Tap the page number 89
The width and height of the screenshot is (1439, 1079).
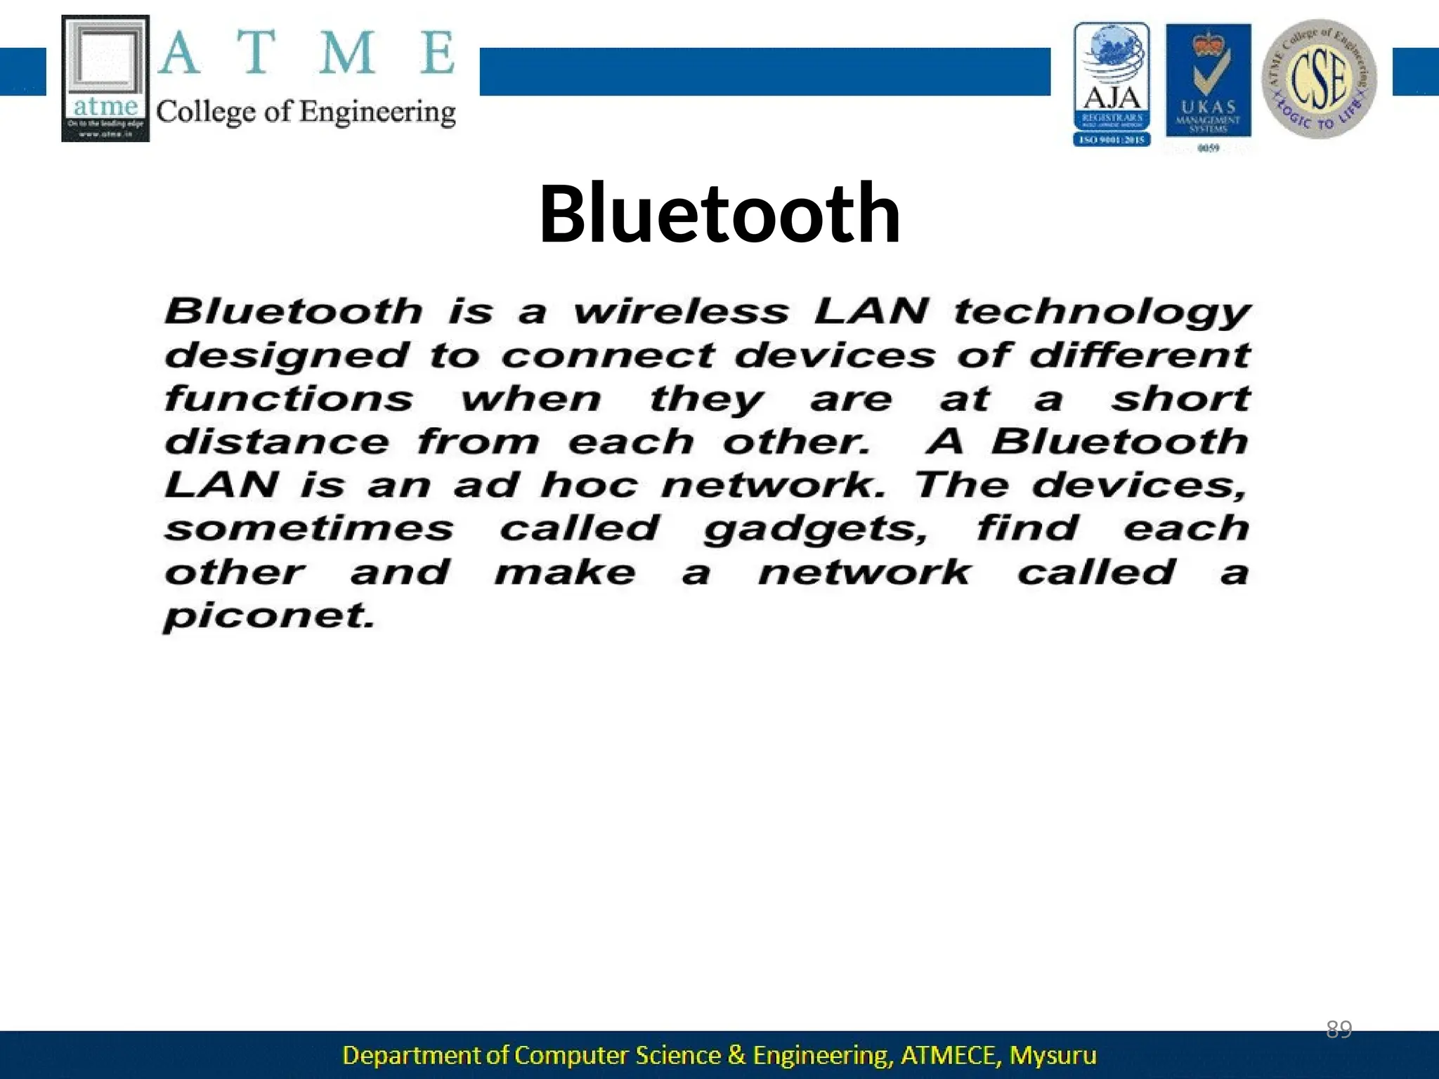tap(1339, 1029)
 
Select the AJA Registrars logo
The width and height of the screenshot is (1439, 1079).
tap(1112, 84)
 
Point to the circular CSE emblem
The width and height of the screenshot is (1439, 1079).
tap(1319, 79)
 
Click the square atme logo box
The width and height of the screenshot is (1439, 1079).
tap(105, 78)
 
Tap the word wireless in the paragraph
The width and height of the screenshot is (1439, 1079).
tap(681, 311)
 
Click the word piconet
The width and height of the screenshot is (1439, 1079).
tap(268, 617)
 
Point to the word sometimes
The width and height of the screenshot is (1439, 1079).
tap(309, 528)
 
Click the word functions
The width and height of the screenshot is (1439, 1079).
tap(289, 399)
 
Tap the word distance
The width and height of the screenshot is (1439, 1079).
tap(276, 442)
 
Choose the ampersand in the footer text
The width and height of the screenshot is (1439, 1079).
tap(736, 1055)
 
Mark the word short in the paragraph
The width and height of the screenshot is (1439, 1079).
tap(1180, 398)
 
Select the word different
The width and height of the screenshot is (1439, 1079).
tap(1140, 355)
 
